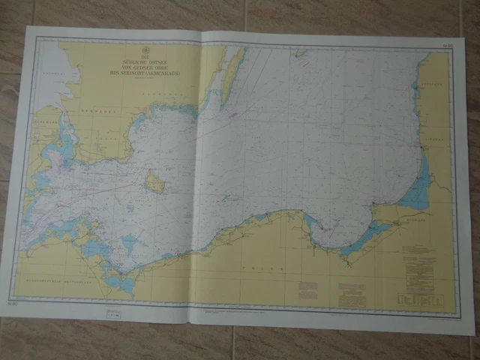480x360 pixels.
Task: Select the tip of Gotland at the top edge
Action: click(x=300, y=53)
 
